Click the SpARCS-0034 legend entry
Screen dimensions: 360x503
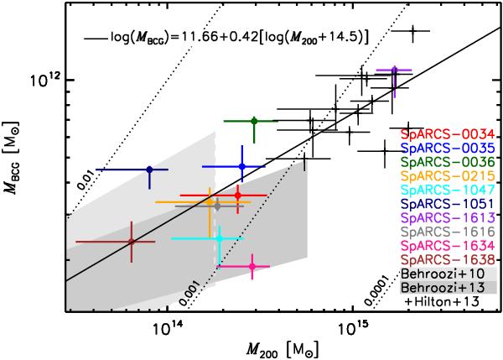point(447,134)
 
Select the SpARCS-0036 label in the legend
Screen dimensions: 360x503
point(447,165)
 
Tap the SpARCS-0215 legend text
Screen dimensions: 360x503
point(447,181)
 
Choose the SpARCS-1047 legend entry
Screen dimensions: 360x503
point(447,196)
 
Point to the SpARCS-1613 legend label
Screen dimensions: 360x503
point(447,227)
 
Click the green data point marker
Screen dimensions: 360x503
point(254,121)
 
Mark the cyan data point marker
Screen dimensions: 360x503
point(220,238)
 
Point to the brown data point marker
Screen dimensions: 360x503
point(132,242)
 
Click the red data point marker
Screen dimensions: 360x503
point(238,196)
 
